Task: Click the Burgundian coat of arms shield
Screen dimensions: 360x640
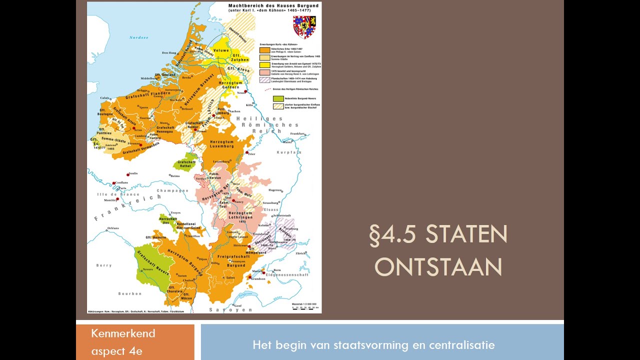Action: pos(304,26)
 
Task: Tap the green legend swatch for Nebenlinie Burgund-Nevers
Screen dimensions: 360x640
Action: pos(278,98)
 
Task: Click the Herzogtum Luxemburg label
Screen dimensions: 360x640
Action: pos(222,144)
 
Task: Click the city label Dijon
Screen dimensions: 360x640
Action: pos(202,259)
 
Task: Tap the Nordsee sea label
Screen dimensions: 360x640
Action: pos(138,37)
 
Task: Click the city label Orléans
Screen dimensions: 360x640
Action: pos(113,228)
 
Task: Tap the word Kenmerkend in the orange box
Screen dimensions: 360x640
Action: pos(123,333)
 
